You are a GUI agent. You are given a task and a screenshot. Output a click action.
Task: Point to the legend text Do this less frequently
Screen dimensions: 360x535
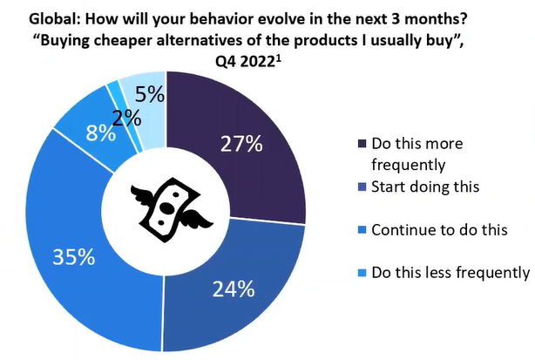click(x=450, y=273)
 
